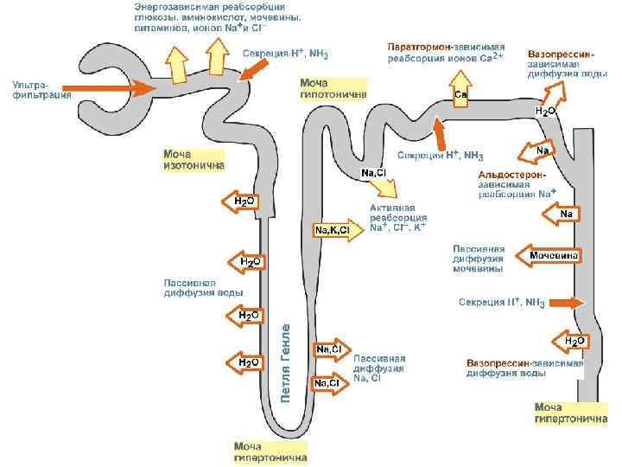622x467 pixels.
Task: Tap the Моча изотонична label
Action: coord(194,159)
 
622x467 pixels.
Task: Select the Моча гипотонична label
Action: coord(333,87)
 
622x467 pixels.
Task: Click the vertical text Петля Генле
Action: coord(286,363)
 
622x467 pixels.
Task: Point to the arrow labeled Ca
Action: coord(460,86)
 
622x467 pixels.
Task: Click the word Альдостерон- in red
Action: coord(512,174)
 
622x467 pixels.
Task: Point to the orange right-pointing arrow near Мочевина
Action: coord(565,303)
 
